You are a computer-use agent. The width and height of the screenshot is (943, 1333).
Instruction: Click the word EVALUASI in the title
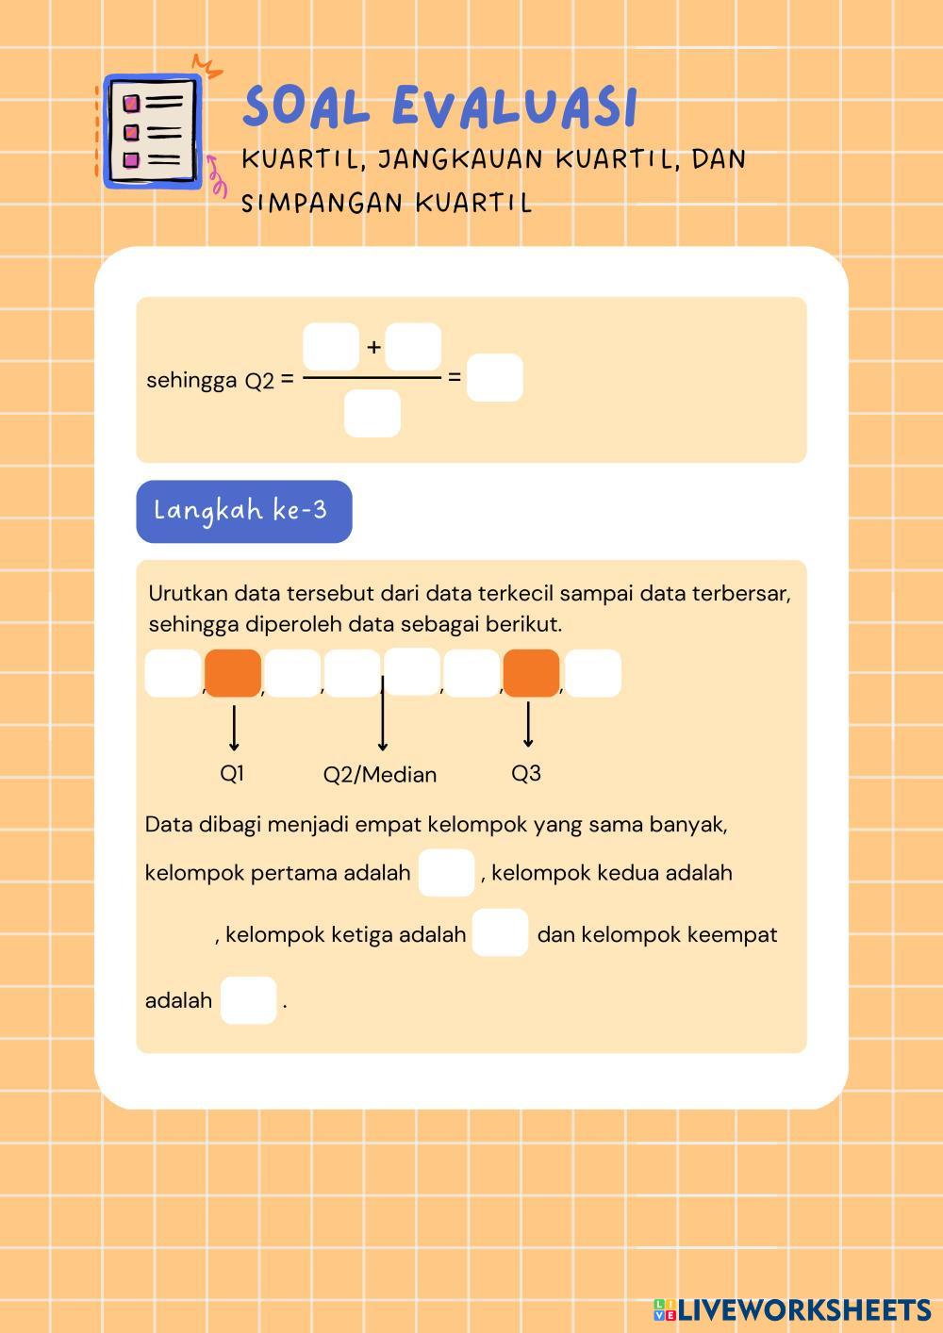(515, 106)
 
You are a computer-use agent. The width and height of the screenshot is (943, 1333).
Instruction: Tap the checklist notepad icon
(152, 130)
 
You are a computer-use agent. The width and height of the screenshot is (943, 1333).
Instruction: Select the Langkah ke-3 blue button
(243, 511)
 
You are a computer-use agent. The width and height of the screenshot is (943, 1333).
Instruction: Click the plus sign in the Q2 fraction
(373, 347)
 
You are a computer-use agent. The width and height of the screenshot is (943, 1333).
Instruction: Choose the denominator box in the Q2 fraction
(372, 414)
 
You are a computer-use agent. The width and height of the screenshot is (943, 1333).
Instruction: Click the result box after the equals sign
(494, 378)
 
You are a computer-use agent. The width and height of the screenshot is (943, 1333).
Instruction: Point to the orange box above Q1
(233, 673)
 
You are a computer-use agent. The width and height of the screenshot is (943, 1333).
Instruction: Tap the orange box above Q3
(531, 673)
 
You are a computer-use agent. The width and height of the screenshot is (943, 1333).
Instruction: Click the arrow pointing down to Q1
(233, 727)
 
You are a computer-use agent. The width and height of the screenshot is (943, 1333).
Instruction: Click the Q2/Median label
(380, 775)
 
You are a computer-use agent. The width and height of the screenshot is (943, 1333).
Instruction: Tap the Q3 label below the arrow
(526, 773)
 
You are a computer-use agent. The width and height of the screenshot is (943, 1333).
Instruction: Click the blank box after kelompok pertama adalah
(446, 872)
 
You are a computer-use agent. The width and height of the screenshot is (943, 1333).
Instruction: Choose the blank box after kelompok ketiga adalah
(500, 932)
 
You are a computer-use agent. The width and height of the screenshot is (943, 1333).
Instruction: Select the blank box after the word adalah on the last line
(248, 1000)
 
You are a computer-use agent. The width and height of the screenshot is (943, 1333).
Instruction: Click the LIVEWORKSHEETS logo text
(803, 1309)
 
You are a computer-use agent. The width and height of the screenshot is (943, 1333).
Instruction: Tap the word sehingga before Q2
(191, 380)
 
